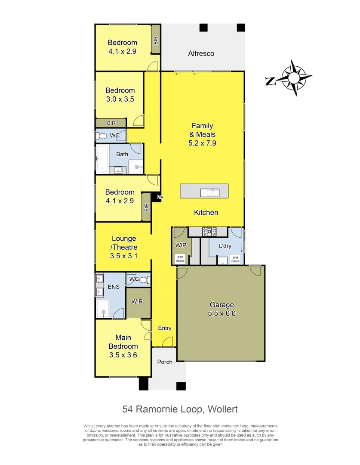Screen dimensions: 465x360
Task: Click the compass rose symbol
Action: (x=294, y=78)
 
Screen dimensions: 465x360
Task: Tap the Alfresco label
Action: (x=201, y=54)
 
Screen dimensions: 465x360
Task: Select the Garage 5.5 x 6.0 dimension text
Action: (x=222, y=309)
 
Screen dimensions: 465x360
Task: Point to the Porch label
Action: (x=164, y=362)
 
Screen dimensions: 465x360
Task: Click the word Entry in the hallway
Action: (x=165, y=328)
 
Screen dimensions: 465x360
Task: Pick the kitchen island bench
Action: (x=204, y=191)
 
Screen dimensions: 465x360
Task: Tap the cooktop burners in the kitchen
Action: (x=210, y=232)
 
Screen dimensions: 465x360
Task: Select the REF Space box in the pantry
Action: (x=180, y=259)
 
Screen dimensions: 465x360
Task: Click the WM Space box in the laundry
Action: (x=235, y=260)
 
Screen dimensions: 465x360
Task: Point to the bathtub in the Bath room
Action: (x=102, y=160)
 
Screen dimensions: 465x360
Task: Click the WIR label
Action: (x=137, y=301)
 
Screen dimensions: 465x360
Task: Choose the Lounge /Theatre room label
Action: (x=124, y=247)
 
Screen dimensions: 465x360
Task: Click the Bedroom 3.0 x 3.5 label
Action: (x=120, y=94)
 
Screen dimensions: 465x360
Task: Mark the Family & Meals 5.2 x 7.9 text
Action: (x=202, y=134)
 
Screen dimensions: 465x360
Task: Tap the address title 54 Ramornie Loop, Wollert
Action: (x=180, y=409)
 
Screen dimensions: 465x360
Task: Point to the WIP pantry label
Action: (x=180, y=245)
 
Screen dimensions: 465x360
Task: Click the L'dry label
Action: (x=225, y=246)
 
